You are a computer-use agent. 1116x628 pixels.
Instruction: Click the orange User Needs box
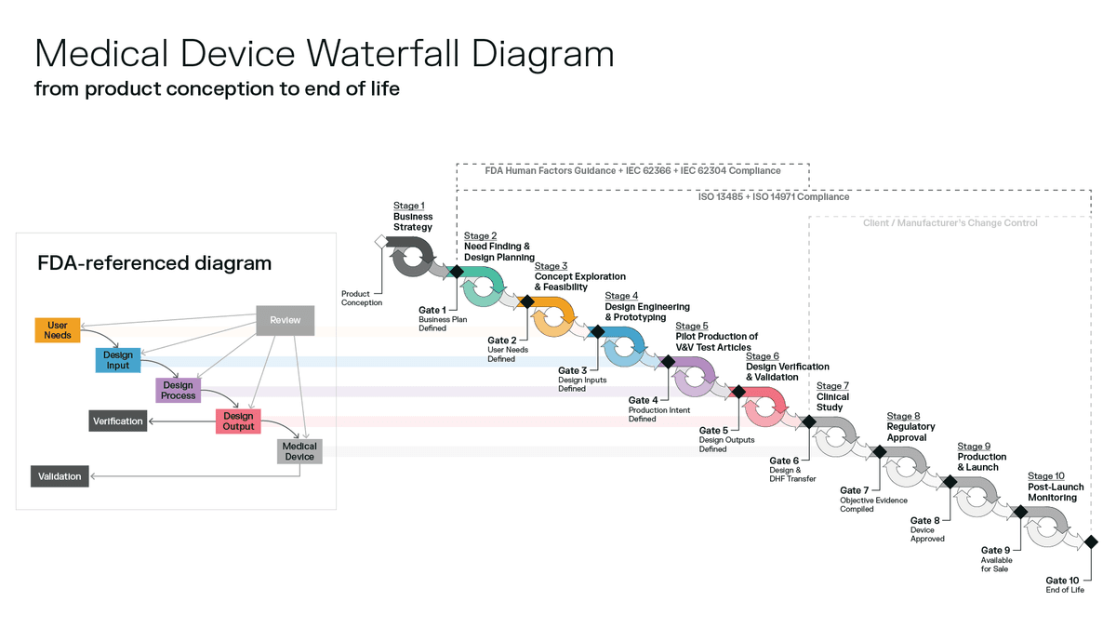pyautogui.click(x=57, y=330)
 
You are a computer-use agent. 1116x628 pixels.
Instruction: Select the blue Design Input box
pyautogui.click(x=118, y=360)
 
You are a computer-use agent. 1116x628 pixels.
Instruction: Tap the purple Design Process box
pyautogui.click(x=178, y=390)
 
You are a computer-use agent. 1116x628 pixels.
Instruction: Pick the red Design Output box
pyautogui.click(x=238, y=421)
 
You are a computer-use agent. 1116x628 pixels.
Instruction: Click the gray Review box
pyautogui.click(x=286, y=321)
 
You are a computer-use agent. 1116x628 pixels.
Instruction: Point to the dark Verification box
pyautogui.click(x=118, y=421)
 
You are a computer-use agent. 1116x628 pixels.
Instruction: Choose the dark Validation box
pyautogui.click(x=60, y=476)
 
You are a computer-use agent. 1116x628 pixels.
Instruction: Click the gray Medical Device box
pyautogui.click(x=299, y=451)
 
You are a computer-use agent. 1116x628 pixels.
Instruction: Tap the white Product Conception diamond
pyautogui.click(x=379, y=242)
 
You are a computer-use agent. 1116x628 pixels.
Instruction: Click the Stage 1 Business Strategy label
pyautogui.click(x=413, y=217)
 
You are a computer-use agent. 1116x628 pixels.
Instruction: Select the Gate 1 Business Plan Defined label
pyautogui.click(x=432, y=318)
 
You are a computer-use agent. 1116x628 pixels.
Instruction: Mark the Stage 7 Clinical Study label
pyautogui.click(x=833, y=396)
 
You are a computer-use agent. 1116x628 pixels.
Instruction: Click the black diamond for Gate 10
pyautogui.click(x=1090, y=541)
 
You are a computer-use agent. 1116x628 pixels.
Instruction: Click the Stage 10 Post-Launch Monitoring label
pyautogui.click(x=1056, y=487)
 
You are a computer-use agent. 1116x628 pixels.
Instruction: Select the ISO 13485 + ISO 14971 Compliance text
pyautogui.click(x=773, y=197)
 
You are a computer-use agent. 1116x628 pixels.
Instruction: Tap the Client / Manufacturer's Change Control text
pyautogui.click(x=950, y=223)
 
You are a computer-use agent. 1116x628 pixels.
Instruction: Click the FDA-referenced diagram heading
pyautogui.click(x=154, y=263)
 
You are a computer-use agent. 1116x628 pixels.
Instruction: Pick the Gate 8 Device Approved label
pyautogui.click(x=927, y=529)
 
